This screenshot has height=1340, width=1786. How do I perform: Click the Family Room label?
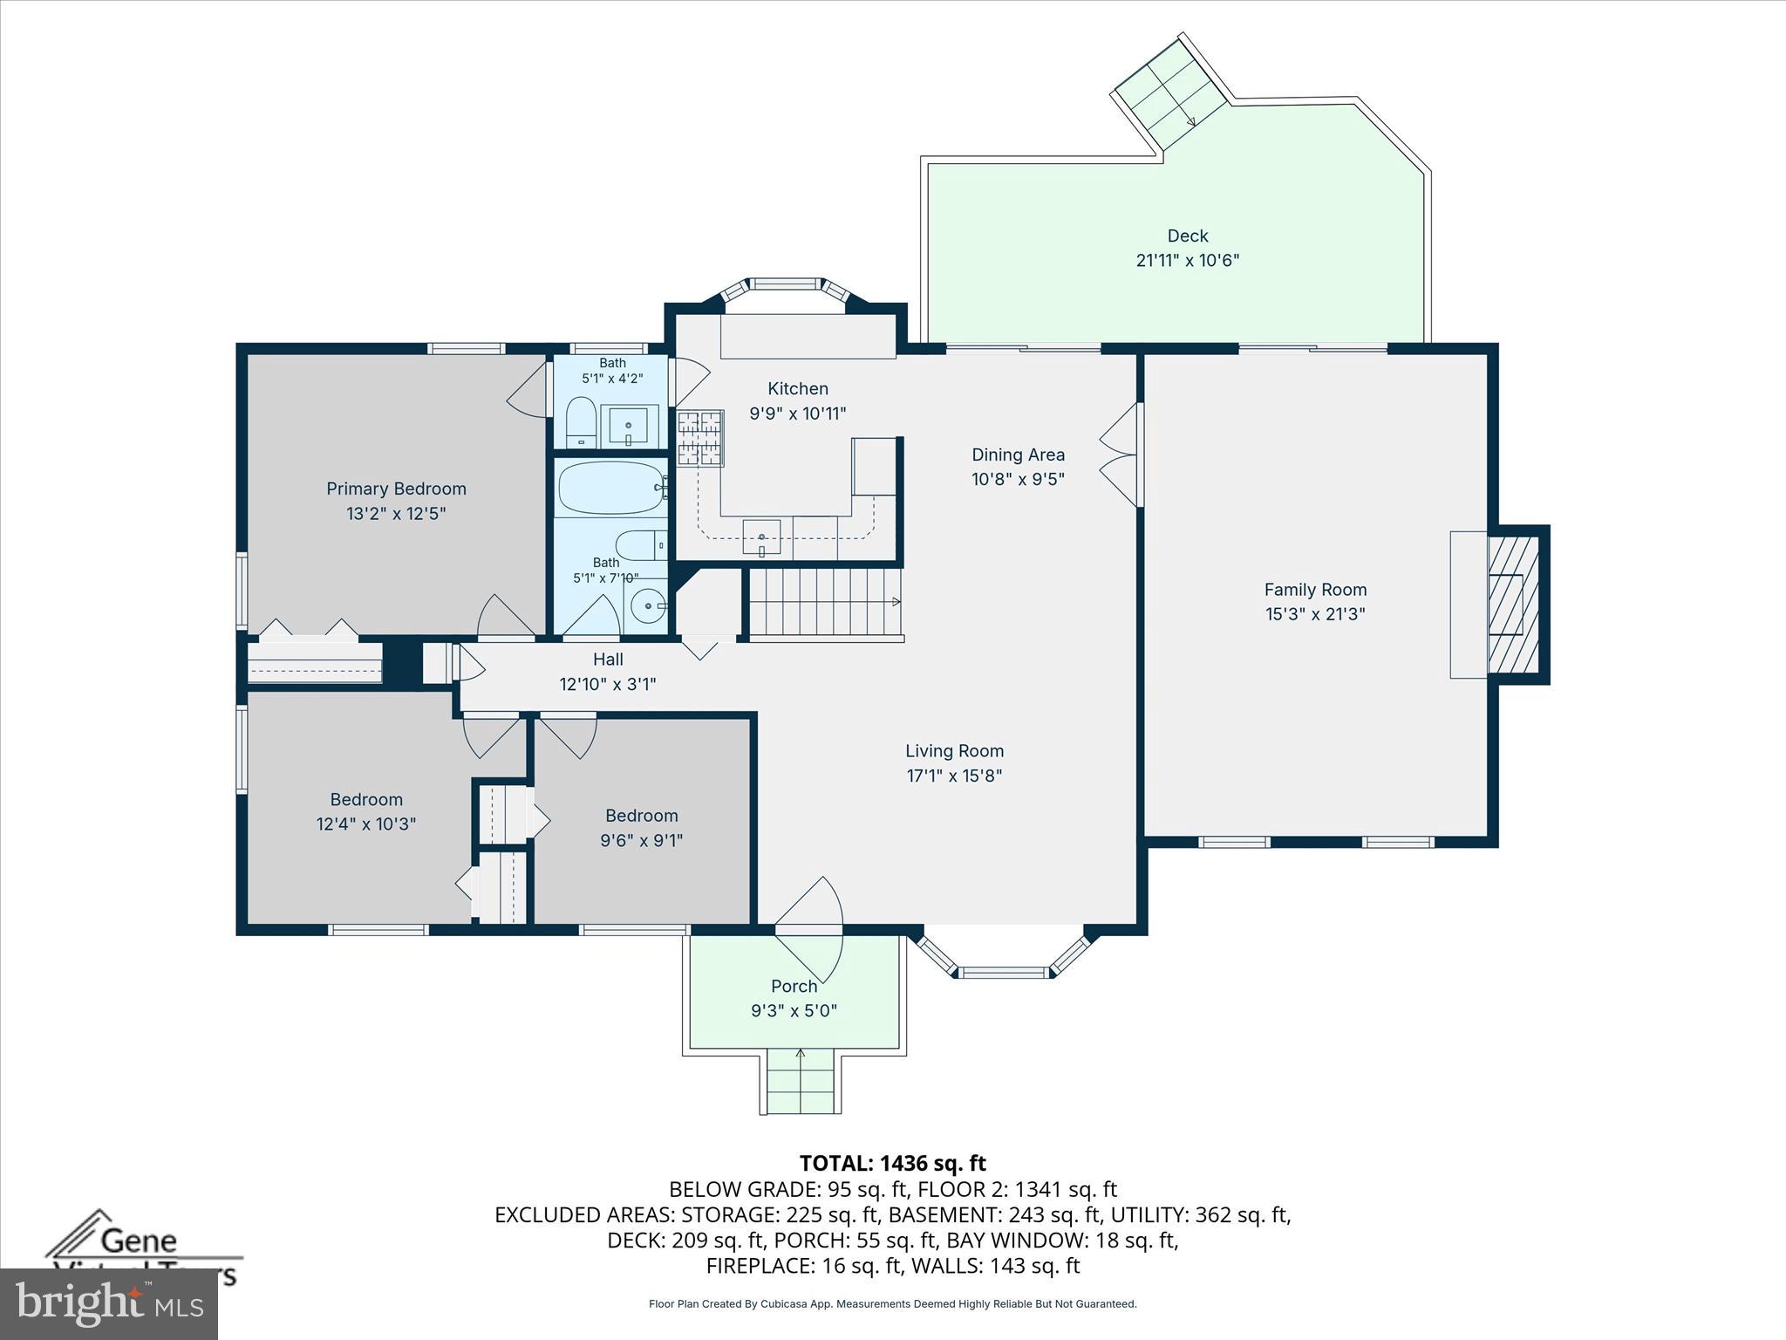(1315, 590)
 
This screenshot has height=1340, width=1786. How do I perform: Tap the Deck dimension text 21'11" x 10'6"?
(1187, 260)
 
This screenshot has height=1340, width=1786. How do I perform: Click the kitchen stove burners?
(700, 438)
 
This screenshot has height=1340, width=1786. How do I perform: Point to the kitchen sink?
(761, 536)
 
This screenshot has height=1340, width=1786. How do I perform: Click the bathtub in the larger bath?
(610, 489)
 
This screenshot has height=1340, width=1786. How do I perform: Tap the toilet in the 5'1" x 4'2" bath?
(580, 423)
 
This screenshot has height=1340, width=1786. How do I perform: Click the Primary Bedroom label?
(396, 489)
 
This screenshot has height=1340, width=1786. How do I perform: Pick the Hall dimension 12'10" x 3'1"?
(607, 684)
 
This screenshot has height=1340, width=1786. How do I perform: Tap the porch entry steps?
(803, 1082)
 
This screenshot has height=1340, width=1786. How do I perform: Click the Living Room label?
(954, 751)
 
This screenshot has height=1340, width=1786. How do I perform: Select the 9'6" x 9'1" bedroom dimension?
(641, 841)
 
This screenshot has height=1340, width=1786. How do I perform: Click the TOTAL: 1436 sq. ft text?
(892, 1163)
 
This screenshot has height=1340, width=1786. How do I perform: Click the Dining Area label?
(1018, 455)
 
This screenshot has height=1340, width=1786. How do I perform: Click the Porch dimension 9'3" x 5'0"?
(794, 1011)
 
